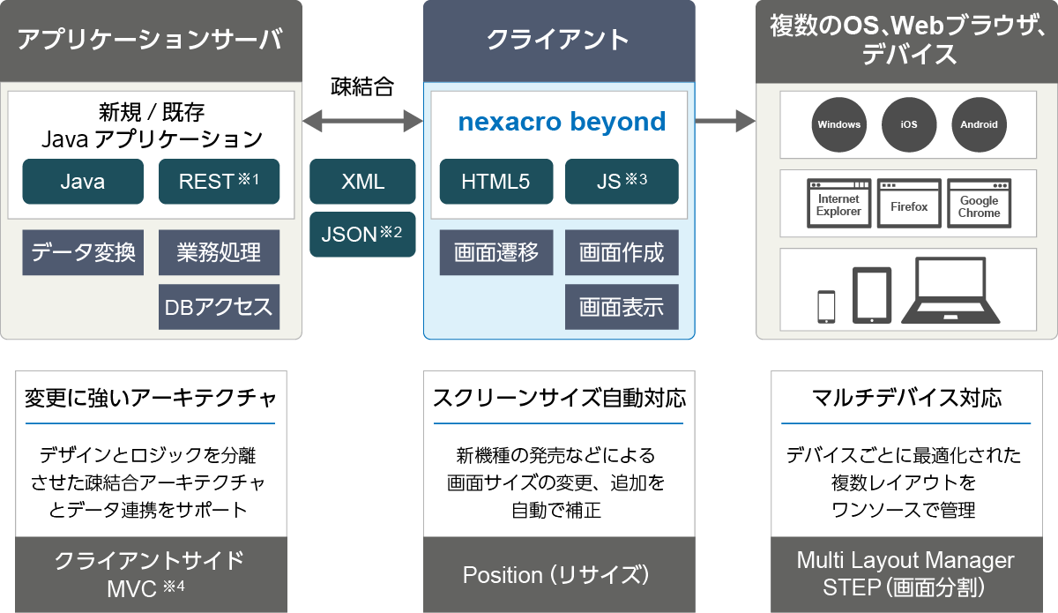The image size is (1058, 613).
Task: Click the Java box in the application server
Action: tap(83, 182)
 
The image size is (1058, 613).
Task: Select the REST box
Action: tap(219, 182)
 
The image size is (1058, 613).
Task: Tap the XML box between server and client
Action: tap(362, 182)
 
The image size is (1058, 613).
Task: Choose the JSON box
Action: tap(362, 234)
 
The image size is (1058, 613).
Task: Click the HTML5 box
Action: tap(496, 182)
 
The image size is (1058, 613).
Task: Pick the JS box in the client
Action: tap(622, 182)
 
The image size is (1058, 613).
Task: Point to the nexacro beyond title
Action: tap(562, 122)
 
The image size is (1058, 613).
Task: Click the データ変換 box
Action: tap(83, 253)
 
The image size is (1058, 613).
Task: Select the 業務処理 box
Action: tap(219, 253)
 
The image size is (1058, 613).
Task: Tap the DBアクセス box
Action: tap(219, 307)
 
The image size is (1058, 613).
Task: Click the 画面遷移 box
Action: tap(496, 253)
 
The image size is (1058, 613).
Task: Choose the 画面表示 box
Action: tap(622, 307)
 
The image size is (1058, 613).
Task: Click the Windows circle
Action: tap(838, 124)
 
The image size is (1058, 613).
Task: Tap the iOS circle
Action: tap(909, 124)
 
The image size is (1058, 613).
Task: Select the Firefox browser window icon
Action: tap(909, 204)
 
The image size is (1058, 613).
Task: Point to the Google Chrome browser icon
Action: tap(979, 204)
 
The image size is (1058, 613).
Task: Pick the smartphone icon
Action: tap(826, 306)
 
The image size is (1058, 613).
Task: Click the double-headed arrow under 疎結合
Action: tap(362, 120)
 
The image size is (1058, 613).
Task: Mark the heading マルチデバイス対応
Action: tap(906, 398)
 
